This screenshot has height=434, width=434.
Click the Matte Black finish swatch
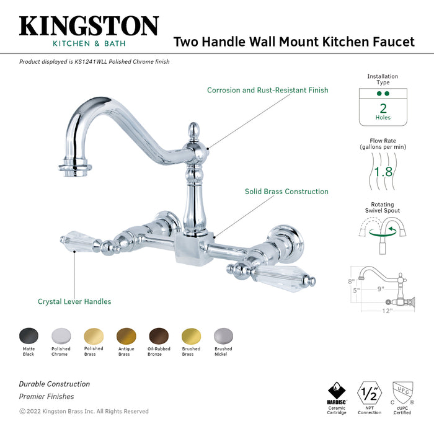pos(29,336)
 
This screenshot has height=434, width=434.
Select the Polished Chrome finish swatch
pos(61,336)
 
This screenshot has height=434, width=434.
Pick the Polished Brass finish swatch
pos(93,336)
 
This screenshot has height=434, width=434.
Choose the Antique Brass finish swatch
pos(125,336)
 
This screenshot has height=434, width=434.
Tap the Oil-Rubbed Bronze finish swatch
pos(158,336)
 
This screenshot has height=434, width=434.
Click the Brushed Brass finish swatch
pos(191,336)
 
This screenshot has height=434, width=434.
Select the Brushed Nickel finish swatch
pos(223,336)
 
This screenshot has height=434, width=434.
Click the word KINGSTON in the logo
pos(89,26)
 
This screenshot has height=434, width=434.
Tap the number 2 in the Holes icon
pos(383,107)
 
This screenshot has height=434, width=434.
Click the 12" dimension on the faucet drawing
pos(387,311)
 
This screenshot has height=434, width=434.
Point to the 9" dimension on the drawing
pos(380,288)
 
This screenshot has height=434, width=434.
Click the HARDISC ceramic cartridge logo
pos(337,394)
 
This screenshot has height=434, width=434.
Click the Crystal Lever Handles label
pos(74,301)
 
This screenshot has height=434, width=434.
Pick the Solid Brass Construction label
pos(286,192)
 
